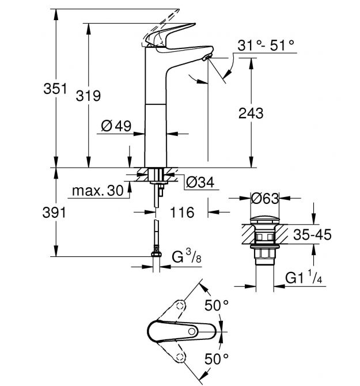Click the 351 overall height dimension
(55, 89)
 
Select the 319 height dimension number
(88, 96)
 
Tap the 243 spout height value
(251, 113)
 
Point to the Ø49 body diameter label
(116, 126)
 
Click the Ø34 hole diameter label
(200, 183)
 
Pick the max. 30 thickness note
(98, 191)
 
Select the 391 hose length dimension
(54, 213)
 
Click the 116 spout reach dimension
(182, 212)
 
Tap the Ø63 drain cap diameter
(265, 198)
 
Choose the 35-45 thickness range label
(312, 234)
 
